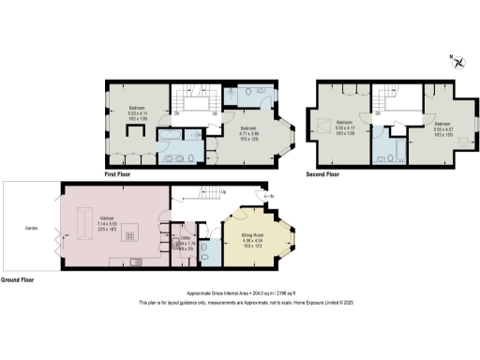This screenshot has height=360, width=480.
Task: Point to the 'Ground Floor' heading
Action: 20,279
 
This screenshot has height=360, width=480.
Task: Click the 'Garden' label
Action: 30,227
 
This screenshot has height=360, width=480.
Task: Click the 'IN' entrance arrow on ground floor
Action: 269,195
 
